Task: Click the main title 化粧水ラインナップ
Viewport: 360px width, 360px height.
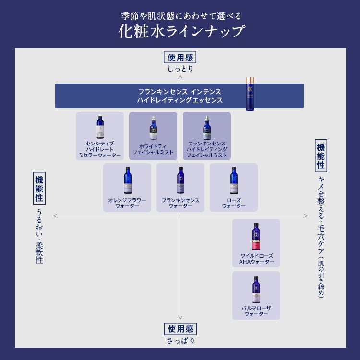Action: tap(180, 32)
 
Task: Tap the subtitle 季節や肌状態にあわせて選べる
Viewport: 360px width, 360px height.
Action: tap(180, 15)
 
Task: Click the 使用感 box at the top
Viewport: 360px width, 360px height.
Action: tap(180, 58)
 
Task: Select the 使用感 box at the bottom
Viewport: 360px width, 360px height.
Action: tap(180, 329)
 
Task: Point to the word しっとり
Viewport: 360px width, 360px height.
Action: tap(180, 69)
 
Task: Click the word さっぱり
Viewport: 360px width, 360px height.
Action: tap(180, 340)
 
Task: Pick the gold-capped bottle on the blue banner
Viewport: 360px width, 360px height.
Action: tap(250, 94)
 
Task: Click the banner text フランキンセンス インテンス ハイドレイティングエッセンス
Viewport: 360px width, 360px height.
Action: tap(180, 96)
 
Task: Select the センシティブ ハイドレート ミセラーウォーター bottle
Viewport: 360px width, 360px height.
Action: tap(100, 126)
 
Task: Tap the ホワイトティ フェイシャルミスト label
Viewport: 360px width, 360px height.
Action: tap(153, 149)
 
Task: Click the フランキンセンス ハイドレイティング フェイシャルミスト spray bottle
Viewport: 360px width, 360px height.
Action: tap(206, 127)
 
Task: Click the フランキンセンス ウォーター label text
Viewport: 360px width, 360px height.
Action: tap(180, 203)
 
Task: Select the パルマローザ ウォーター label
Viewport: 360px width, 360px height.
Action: tap(256, 311)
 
